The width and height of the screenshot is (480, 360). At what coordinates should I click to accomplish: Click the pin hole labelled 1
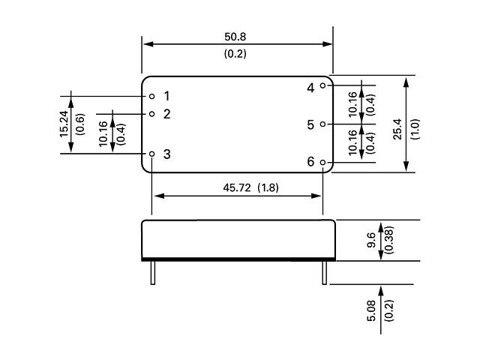pos(151,96)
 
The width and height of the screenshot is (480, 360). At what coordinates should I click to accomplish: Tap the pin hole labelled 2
pos(151,114)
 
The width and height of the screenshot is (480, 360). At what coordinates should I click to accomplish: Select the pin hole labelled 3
pos(151,154)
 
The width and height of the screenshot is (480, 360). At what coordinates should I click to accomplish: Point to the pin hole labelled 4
pos(323,85)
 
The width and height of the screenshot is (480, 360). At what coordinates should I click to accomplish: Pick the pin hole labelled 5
pos(323,124)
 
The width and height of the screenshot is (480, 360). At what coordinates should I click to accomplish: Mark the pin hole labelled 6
pos(323,162)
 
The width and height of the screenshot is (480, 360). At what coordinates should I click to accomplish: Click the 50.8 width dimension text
pos(235,35)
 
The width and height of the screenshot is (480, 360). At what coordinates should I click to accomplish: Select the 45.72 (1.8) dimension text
pos(250,187)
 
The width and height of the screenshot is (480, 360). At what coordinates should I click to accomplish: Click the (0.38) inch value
pos(388,241)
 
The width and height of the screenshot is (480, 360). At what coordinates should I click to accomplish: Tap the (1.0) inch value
pos(415,128)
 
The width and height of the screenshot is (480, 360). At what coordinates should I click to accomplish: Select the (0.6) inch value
pos(79,124)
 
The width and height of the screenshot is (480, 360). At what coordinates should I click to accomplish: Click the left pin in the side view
pos(151,272)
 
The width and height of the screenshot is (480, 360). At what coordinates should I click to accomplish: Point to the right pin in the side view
pos(324,272)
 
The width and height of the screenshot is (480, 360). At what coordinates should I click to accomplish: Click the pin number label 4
pos(310,87)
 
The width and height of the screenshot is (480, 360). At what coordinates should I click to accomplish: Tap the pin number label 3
pos(166,154)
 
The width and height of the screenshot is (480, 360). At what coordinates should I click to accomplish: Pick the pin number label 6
pos(310,162)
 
